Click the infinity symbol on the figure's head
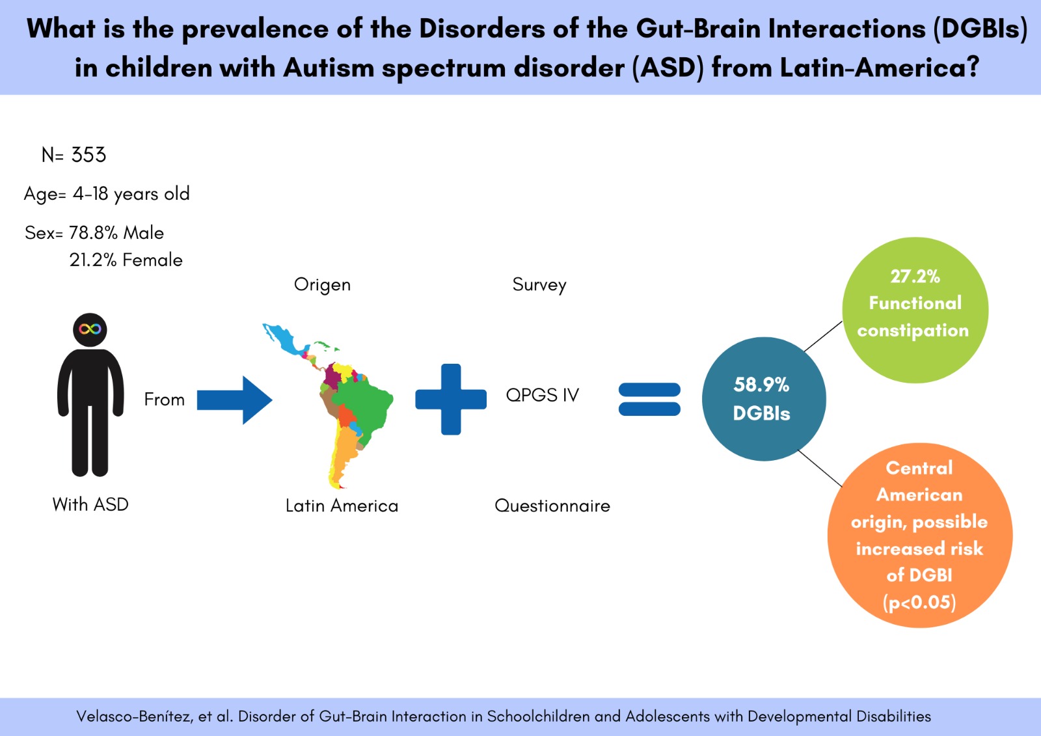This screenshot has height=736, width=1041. [90, 329]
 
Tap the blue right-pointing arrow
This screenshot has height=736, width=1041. [234, 400]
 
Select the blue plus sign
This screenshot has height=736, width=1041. [451, 399]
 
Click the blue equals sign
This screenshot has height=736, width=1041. [649, 400]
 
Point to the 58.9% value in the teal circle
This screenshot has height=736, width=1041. [761, 385]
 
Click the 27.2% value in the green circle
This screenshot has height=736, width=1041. [915, 277]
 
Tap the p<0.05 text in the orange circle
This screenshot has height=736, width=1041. [919, 603]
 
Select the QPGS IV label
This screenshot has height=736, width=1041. [542, 395]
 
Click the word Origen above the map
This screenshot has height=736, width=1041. [322, 285]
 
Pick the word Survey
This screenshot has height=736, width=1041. [539, 285]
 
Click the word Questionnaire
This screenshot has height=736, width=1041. [552, 506]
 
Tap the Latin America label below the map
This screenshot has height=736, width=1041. [342, 506]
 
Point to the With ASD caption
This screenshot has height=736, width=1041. [90, 504]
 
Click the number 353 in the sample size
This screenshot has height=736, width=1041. [88, 155]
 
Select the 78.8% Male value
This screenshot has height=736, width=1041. [116, 233]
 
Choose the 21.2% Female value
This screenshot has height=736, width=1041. [126, 260]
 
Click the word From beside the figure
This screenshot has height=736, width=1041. [164, 400]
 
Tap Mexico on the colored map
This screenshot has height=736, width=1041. [282, 338]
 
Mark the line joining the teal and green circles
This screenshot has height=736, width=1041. [823, 336]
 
